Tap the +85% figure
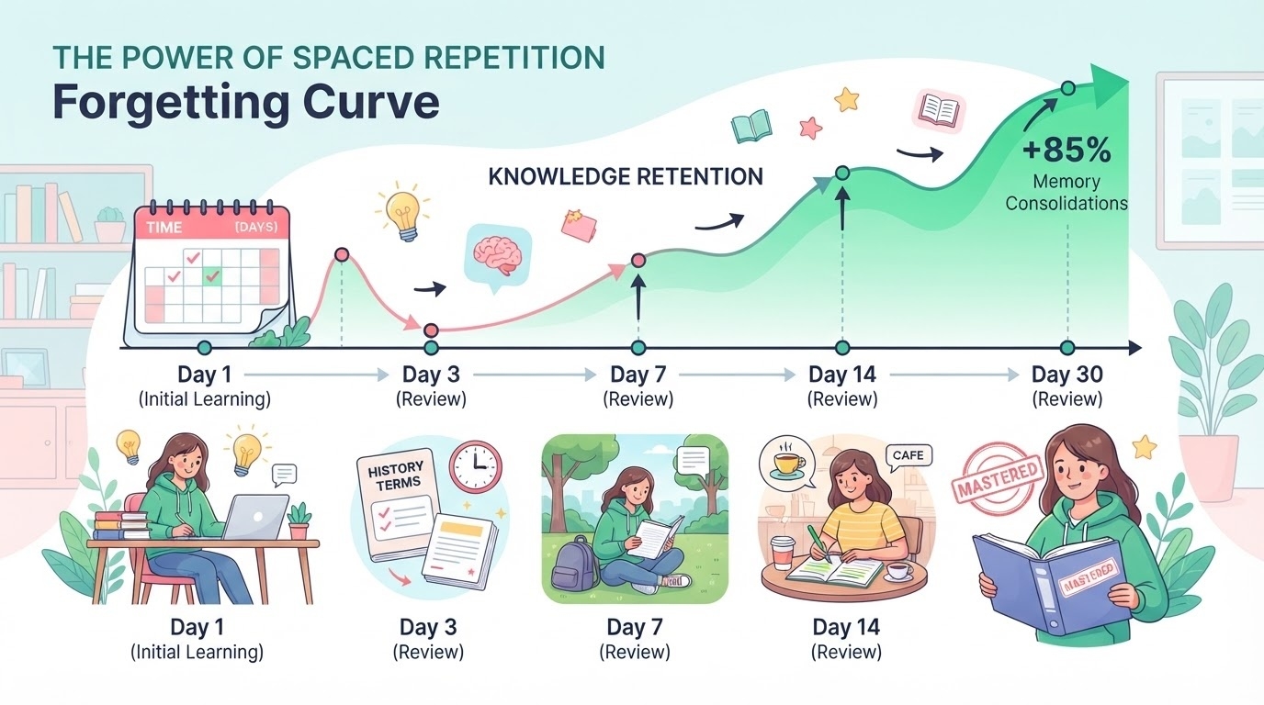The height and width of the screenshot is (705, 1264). [1066, 151]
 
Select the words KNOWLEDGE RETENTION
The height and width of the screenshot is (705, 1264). [626, 176]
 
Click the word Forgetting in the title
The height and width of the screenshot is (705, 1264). [170, 103]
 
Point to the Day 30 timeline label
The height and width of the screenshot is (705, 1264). [1067, 375]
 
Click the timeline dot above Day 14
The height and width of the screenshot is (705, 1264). [842, 347]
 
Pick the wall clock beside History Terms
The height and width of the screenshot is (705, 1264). [475, 465]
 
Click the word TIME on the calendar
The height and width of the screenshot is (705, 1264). [164, 228]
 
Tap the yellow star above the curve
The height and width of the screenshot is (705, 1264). [846, 99]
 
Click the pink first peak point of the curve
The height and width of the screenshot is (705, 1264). [342, 255]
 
